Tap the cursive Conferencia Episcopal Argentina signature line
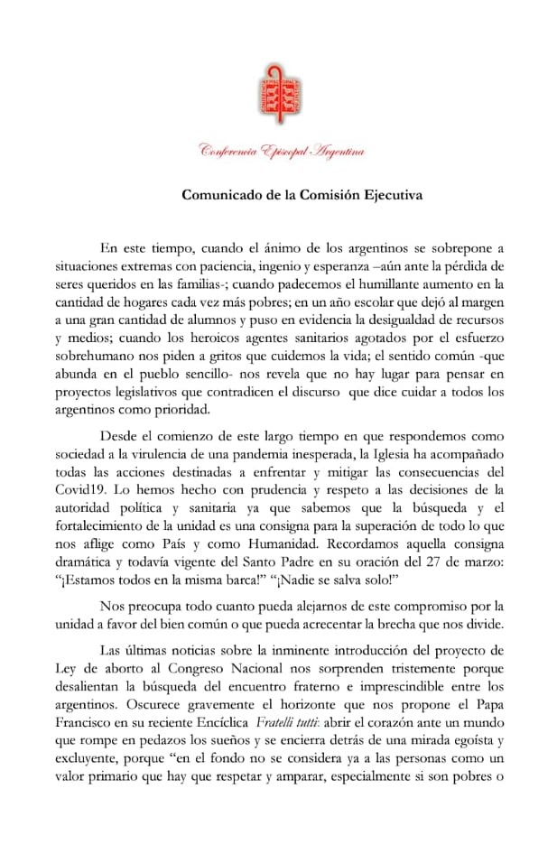(281, 152)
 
